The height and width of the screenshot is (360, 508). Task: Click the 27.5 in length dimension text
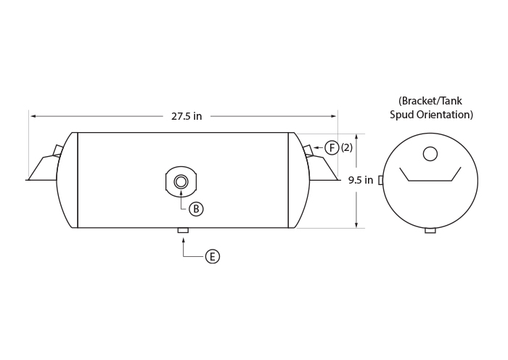187,116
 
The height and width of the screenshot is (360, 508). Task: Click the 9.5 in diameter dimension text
361,180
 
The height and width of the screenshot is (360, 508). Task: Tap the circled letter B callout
196,209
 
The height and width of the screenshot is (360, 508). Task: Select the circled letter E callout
213,257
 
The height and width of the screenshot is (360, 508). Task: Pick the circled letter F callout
332,148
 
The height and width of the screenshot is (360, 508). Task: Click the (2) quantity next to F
347,148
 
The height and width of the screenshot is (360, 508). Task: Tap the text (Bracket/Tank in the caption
430,101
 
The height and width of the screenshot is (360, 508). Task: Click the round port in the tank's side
181,181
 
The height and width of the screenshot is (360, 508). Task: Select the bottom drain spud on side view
184,230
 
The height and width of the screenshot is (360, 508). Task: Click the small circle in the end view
430,154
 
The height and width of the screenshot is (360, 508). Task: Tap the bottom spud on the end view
430,231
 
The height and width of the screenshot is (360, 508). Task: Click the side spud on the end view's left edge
381,180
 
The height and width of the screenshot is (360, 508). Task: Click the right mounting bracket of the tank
321,165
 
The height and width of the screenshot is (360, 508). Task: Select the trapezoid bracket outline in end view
430,181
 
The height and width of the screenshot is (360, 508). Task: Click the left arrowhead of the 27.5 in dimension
33,116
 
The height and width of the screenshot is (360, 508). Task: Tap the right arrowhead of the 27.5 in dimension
333,116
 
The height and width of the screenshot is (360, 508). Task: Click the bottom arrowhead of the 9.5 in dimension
356,225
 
